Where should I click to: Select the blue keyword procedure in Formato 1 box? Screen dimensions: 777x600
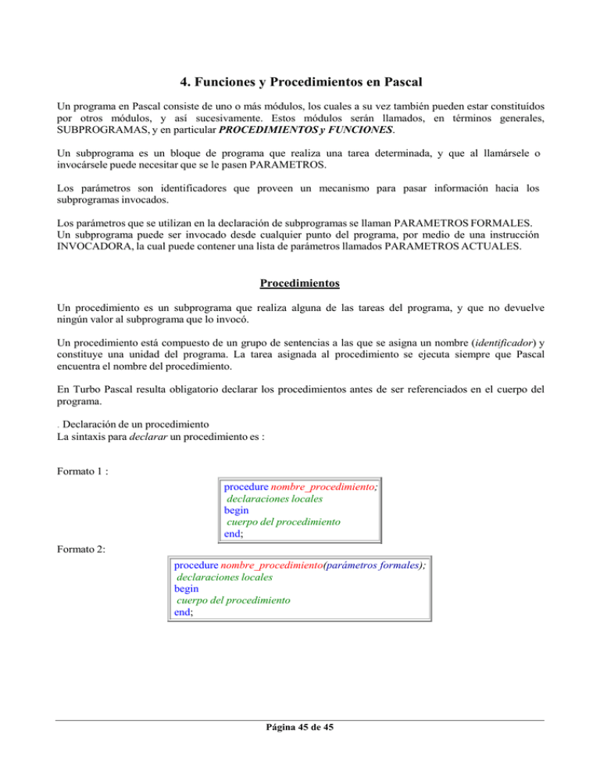coord(246,485)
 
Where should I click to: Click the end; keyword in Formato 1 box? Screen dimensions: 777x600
coord(234,535)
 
